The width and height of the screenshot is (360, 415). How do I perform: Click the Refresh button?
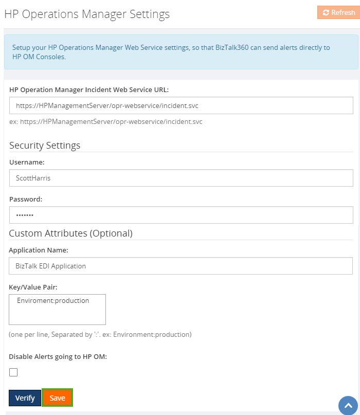click(x=338, y=12)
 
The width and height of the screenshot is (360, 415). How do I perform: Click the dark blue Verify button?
click(x=25, y=398)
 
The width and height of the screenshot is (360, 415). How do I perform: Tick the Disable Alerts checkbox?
click(x=13, y=372)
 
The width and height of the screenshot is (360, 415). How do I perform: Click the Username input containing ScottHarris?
click(x=181, y=178)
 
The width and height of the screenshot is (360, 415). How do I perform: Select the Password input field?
click(x=181, y=215)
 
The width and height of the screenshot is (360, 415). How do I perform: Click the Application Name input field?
click(x=181, y=266)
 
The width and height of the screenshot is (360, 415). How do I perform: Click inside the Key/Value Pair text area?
click(x=57, y=310)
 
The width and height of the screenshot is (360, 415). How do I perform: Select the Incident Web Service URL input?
click(x=181, y=105)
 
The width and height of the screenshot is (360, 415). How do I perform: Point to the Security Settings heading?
click(x=45, y=146)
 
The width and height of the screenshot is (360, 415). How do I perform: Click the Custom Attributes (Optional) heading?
click(x=70, y=233)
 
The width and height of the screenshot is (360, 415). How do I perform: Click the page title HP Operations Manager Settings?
click(x=87, y=14)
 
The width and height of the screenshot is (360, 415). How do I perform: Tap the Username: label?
click(x=27, y=162)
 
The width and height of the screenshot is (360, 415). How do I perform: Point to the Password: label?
click(x=26, y=199)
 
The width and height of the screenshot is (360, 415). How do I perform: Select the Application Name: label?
click(x=39, y=250)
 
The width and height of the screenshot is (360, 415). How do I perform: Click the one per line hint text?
click(x=100, y=334)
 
